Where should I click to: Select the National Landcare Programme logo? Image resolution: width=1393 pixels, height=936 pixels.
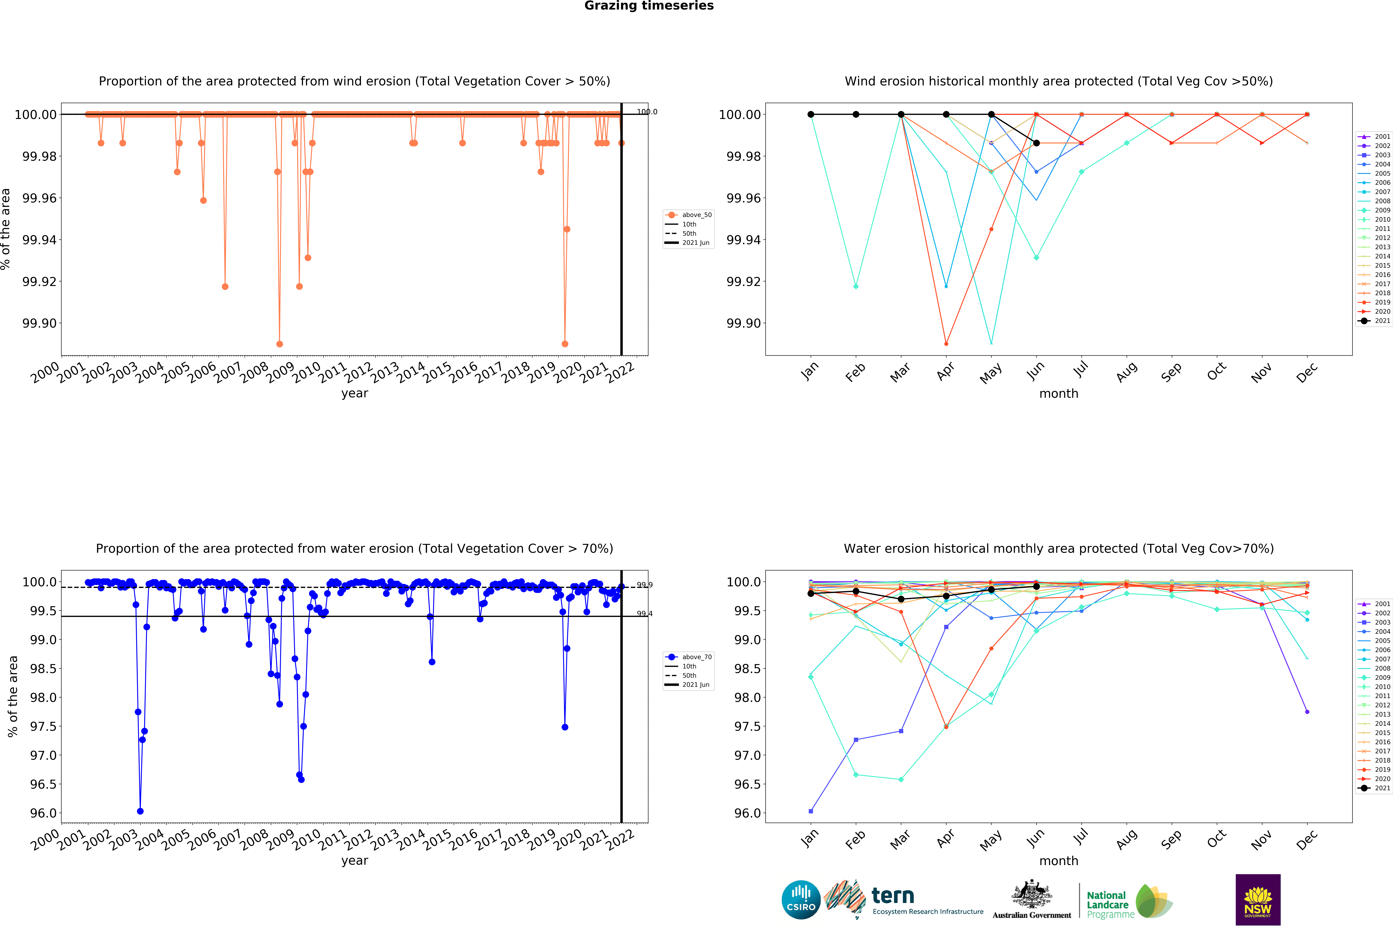[1128, 901]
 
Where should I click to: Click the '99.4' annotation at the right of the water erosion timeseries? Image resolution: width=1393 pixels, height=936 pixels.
[644, 614]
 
